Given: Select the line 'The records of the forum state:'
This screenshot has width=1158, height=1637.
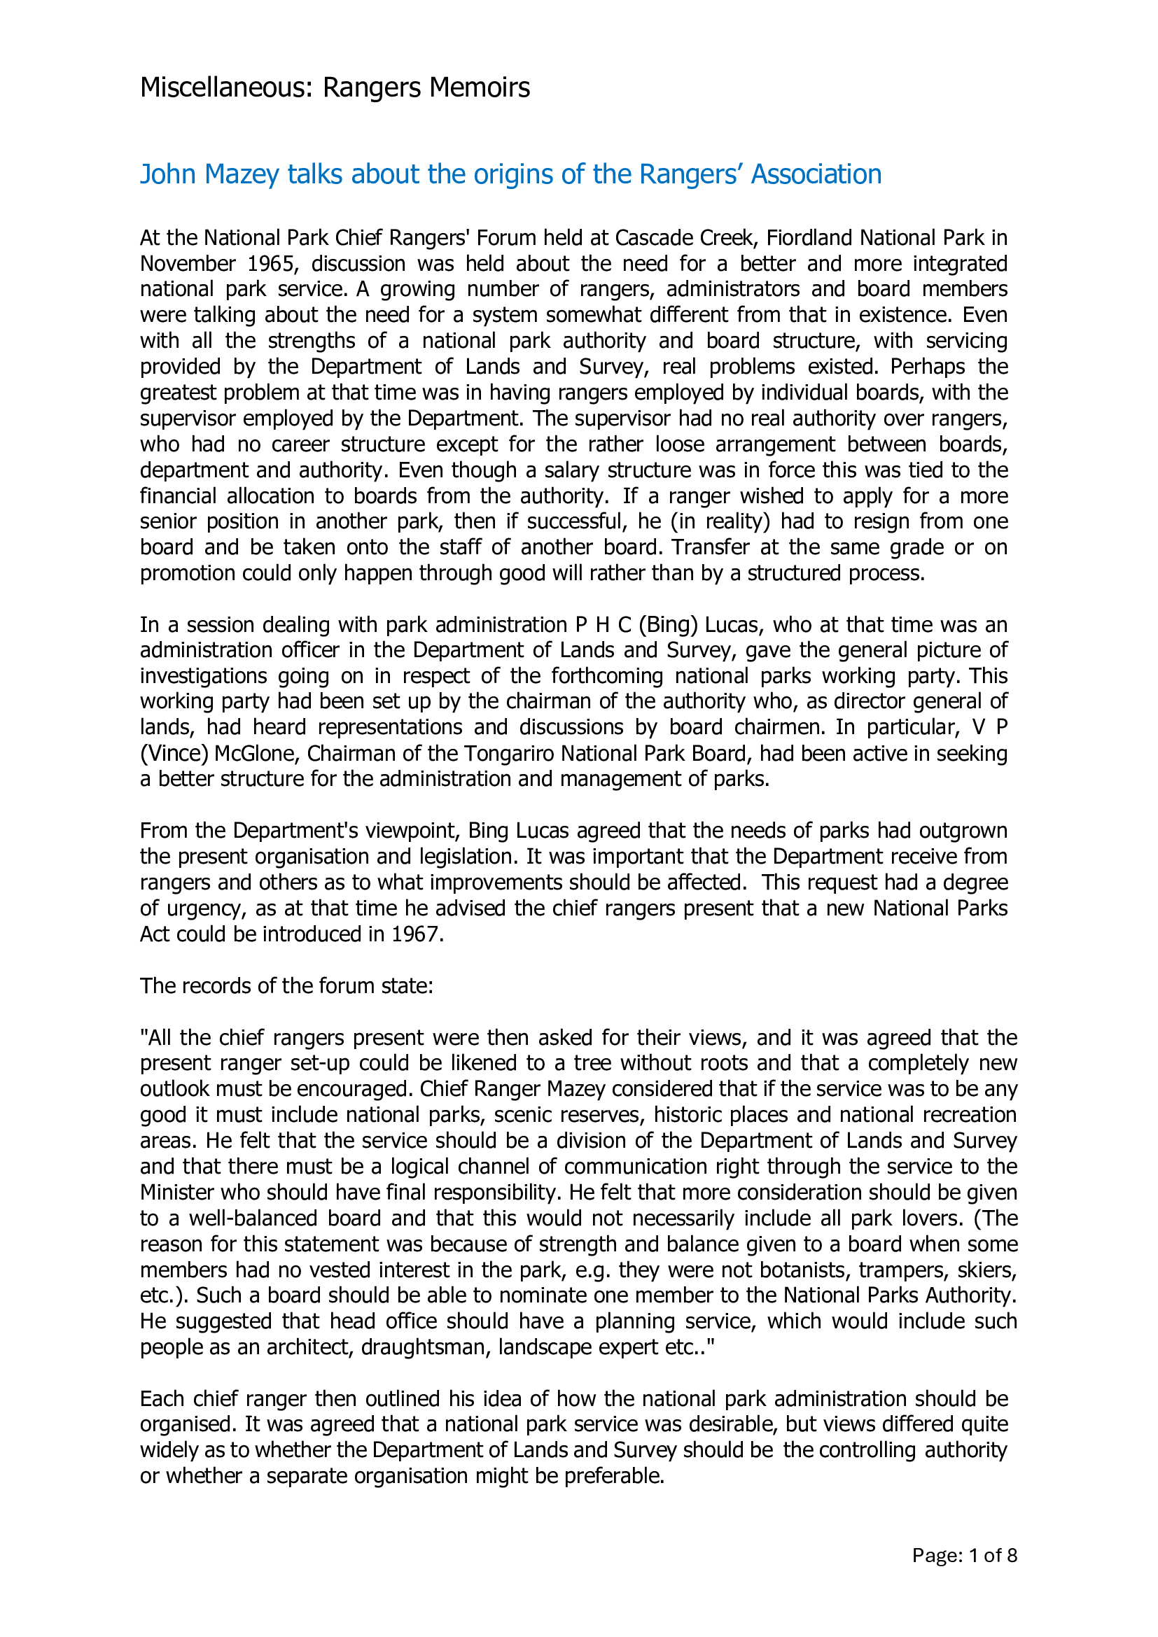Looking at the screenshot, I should coord(286,986).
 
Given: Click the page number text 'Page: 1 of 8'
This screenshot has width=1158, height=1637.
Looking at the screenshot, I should coord(964,1575).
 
